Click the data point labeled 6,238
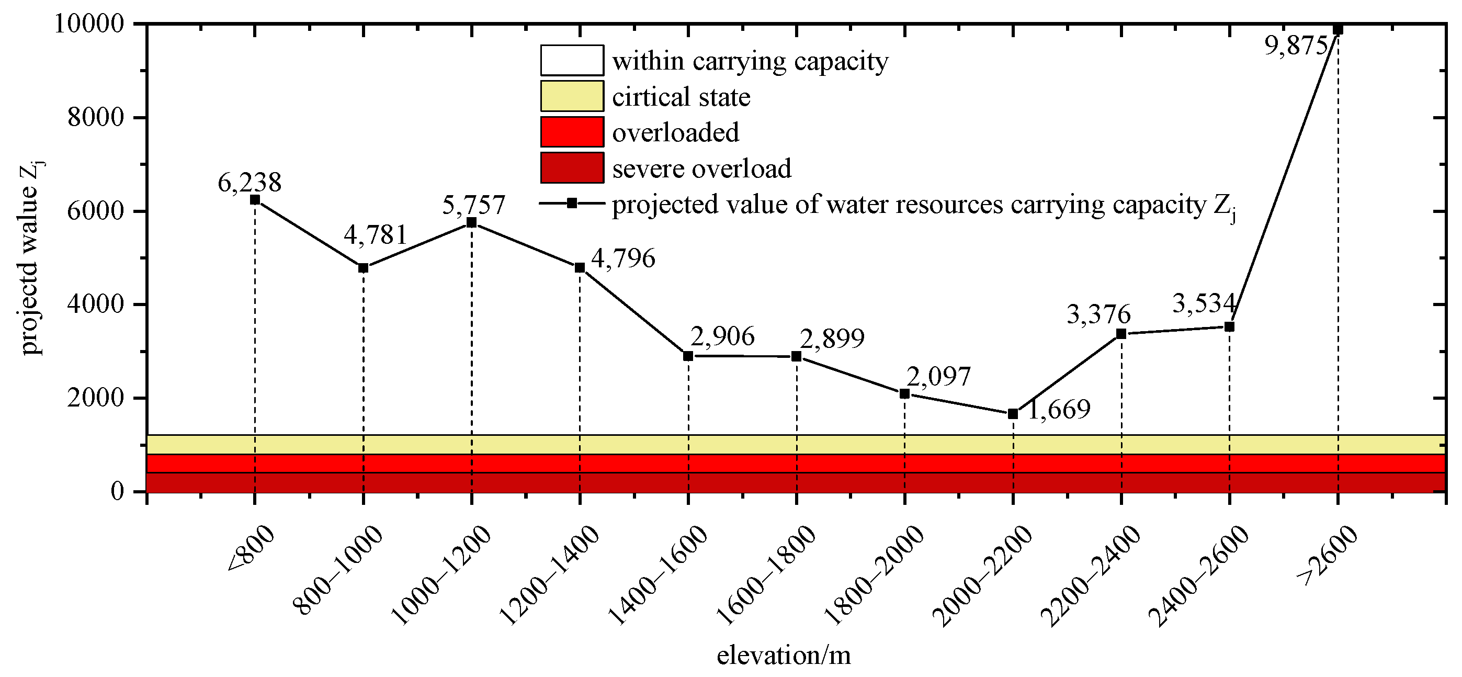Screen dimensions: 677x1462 [x=255, y=200]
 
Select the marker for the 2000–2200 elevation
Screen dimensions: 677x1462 [x=1013, y=414]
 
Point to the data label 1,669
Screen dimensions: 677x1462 [x=1059, y=409]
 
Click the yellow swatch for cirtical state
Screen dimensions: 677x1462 [x=572, y=96]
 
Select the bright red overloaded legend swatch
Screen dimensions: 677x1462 [x=572, y=132]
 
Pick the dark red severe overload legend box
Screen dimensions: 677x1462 [x=572, y=167]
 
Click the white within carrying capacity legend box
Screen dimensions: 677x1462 [x=572, y=60]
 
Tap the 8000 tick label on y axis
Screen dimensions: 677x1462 [x=95, y=118]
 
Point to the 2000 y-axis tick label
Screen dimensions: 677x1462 [x=95, y=398]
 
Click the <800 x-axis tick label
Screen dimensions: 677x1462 [x=252, y=549]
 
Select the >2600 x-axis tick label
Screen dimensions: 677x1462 [x=1328, y=555]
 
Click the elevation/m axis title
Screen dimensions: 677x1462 [x=784, y=656]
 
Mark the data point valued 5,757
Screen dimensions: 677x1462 [x=471, y=222]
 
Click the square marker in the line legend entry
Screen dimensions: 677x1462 [x=572, y=203]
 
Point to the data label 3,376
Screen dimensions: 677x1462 [x=1099, y=314]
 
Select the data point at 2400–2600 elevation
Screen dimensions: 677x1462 [x=1229, y=326]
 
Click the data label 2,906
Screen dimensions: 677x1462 [x=722, y=336]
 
